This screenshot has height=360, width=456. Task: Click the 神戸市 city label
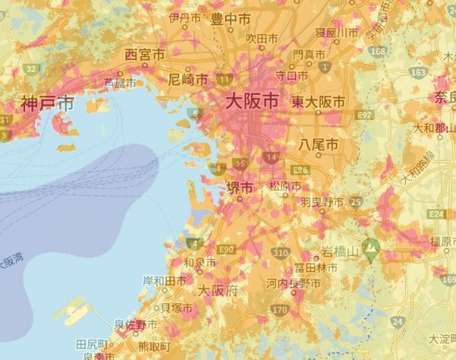coord(46,103)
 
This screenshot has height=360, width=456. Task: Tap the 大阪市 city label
coord(250,100)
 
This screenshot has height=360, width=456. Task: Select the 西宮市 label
coord(144,55)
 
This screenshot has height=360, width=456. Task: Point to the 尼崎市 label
coord(188,80)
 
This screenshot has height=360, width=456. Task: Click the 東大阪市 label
coord(318,101)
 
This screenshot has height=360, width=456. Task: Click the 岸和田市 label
coord(164,280)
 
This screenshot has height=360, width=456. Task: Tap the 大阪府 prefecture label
coord(217,291)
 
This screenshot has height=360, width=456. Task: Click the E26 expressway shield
coord(301,169)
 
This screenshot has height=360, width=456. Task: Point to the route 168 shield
coord(378,51)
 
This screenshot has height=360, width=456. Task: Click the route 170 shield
coord(280,310)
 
